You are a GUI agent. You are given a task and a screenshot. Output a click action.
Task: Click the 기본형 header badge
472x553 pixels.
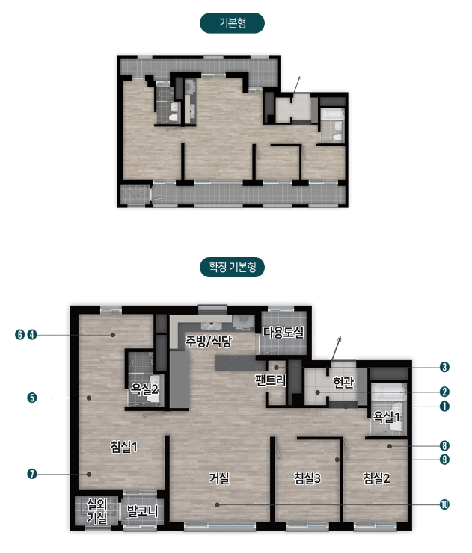(x=232, y=23)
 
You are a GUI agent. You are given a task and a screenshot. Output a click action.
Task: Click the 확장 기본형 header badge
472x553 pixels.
(x=232, y=267)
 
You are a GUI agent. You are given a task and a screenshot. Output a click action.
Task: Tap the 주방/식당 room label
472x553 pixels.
(x=209, y=341)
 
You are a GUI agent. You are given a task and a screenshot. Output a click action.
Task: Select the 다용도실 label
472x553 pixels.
(x=283, y=332)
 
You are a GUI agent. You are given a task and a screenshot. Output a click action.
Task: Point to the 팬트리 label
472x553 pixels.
(x=271, y=380)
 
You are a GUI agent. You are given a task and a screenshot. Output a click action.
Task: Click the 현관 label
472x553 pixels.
(x=343, y=382)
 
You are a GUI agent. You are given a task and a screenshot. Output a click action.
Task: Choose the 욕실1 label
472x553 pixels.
(x=387, y=417)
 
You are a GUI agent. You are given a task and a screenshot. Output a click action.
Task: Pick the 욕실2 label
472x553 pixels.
(x=144, y=389)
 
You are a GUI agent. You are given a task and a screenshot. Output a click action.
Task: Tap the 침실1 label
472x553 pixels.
(x=123, y=447)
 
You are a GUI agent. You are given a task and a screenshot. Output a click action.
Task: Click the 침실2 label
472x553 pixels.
(x=377, y=478)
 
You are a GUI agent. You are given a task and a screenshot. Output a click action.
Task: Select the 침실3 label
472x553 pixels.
(x=307, y=478)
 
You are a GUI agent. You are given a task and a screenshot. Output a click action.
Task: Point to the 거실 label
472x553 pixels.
(x=219, y=478)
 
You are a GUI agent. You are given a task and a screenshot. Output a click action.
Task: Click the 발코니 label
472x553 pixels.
(x=142, y=510)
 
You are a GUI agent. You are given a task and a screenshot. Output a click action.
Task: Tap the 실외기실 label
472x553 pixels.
(x=96, y=510)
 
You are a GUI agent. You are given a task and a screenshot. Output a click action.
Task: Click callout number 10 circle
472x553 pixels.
(x=444, y=504)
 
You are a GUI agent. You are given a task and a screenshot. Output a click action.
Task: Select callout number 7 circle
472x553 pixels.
(x=32, y=474)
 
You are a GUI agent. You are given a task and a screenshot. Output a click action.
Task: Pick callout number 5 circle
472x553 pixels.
(x=32, y=398)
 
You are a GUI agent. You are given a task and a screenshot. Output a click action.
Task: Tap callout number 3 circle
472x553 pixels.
(x=444, y=367)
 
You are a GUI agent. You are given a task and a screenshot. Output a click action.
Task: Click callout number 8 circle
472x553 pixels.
(x=444, y=446)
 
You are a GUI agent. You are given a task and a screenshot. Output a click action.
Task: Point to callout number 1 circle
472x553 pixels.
(x=444, y=407)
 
